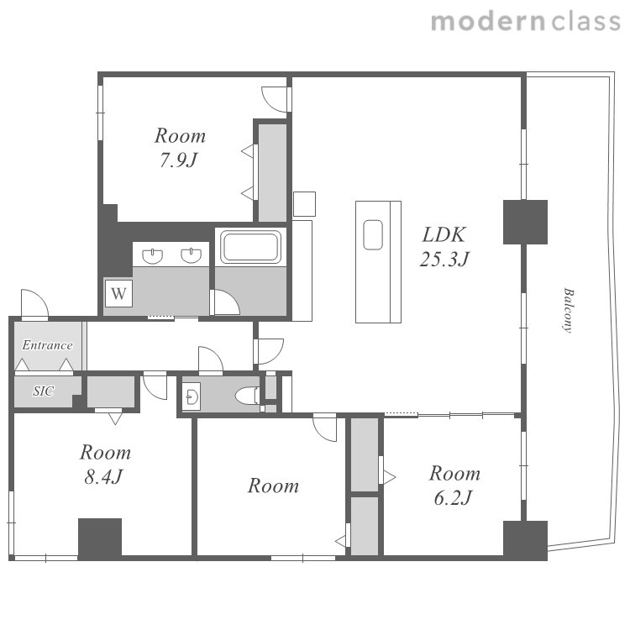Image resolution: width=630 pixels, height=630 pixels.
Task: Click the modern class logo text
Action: [x=526, y=22]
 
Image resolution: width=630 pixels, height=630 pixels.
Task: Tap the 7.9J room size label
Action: [x=179, y=160]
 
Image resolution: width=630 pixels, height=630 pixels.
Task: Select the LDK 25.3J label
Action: [x=444, y=247]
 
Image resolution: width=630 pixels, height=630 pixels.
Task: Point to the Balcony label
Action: [x=568, y=310]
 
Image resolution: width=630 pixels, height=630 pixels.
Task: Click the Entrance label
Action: [x=47, y=344]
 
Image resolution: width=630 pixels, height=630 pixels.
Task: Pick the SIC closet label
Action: [x=44, y=391]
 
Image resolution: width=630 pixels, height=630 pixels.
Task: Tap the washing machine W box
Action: [x=119, y=294]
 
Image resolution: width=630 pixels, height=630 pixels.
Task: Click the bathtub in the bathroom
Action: [x=250, y=247]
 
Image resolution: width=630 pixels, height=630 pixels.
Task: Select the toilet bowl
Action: [x=247, y=396]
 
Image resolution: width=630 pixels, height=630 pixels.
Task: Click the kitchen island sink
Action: [x=373, y=235]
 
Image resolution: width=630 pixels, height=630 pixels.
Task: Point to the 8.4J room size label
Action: [x=103, y=477]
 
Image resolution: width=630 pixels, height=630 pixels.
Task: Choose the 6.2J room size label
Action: [x=453, y=497]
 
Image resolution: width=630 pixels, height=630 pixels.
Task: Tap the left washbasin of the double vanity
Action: [x=153, y=256]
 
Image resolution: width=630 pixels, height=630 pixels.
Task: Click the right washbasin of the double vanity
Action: [x=192, y=255]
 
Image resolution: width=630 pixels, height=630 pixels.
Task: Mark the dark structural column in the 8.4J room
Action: [x=100, y=538]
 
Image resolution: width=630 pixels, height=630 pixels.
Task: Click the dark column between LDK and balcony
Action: [x=525, y=222]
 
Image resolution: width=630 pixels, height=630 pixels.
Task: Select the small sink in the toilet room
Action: [x=192, y=396]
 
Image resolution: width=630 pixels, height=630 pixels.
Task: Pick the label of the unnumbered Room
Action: [x=273, y=486]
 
